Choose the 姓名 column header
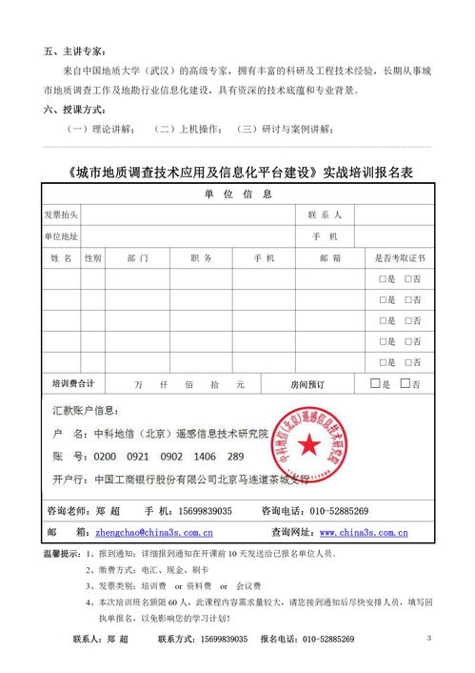point(61,258)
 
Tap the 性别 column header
point(92,258)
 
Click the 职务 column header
point(201,258)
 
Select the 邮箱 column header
point(330,258)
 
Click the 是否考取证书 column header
point(401,258)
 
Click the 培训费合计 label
point(73,384)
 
